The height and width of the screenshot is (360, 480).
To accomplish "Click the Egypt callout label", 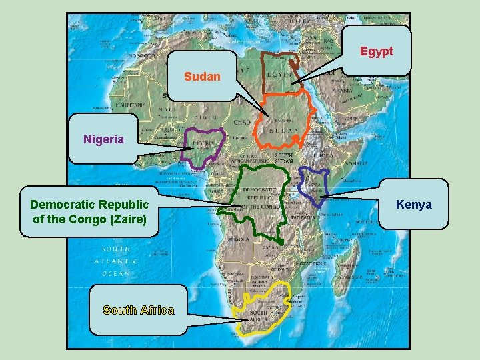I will pos(377,51).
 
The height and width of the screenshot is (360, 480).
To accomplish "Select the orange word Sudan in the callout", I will pos(202,77).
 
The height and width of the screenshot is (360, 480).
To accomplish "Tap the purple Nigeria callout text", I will pos(103,139).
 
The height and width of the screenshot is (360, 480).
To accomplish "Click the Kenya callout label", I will pos(413,204).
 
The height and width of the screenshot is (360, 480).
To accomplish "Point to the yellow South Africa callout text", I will pos(139,310).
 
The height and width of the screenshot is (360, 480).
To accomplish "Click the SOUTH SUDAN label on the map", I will pos(284,158).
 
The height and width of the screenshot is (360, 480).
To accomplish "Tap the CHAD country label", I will pos(242,123).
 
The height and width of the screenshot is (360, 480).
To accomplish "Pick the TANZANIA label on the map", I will pos(304,217).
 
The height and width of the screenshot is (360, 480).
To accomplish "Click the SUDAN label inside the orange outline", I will pos(284,131).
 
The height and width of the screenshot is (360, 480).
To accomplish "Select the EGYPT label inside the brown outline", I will pos(279,75).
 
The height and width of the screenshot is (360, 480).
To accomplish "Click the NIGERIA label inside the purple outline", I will pos(203,143).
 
